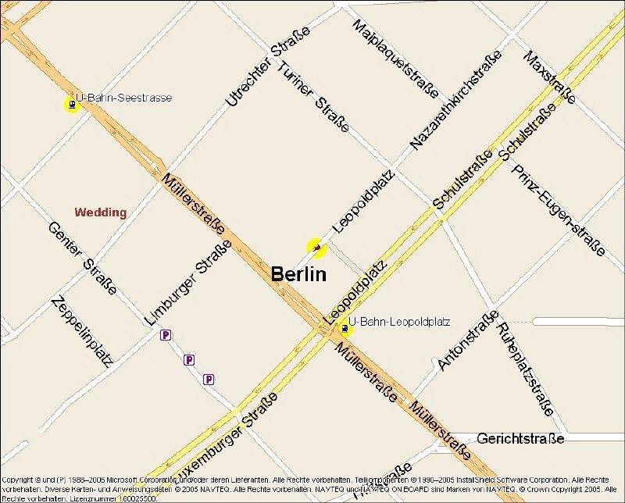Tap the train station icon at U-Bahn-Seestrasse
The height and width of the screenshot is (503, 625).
pos(72,104)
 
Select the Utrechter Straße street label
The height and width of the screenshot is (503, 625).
pos(267,66)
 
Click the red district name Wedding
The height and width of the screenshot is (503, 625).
pos(100,212)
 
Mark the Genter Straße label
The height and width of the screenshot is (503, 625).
pos(82,259)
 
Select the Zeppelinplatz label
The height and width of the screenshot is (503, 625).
pos(81,330)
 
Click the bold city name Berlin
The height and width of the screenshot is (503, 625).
pos(298,274)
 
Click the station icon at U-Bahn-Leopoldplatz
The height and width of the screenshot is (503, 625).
pos(344,330)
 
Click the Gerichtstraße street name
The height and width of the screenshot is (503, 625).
pos(520,439)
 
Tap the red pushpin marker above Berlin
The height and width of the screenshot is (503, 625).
pos(316,248)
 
